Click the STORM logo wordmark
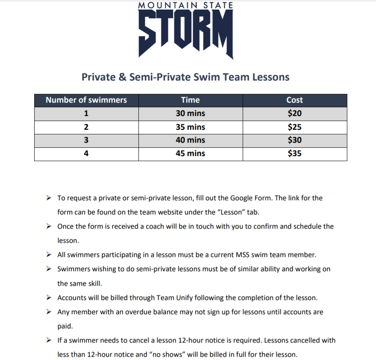coord(185,33)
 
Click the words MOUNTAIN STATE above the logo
coord(185,5)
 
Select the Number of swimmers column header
coord(86,100)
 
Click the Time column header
coord(191,100)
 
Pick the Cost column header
coord(295,100)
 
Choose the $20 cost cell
coord(295,113)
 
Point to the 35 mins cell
coord(191,127)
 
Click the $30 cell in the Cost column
coord(295,140)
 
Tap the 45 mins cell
coord(191,154)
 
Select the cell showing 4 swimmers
coord(86,154)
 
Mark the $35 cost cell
coord(295,154)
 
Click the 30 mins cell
coord(191,113)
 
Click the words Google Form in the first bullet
coord(250,198)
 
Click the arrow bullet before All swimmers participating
coord(49,254)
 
